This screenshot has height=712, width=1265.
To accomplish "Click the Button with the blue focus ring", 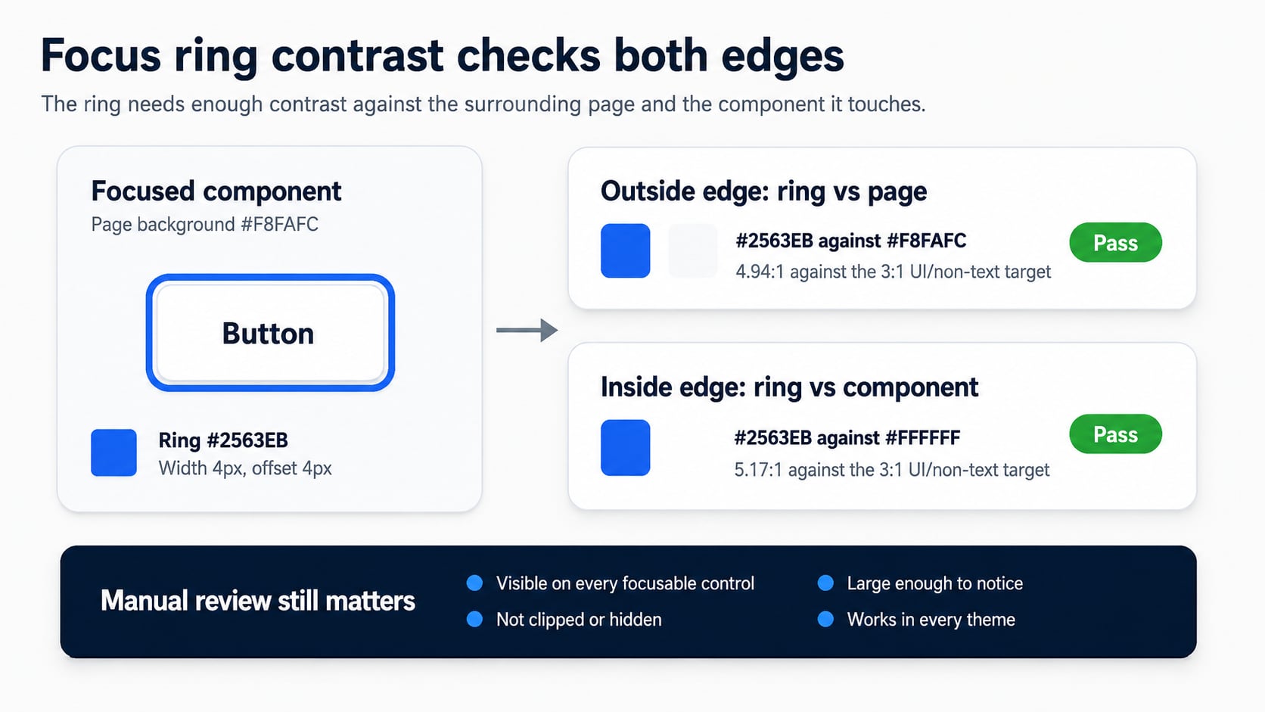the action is (270, 333).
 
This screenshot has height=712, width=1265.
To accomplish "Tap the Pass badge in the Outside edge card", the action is (1115, 242).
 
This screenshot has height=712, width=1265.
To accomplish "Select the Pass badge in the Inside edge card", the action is (1115, 434).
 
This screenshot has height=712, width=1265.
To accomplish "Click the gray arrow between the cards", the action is (527, 331).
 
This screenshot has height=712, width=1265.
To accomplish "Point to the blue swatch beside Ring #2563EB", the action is (113, 452).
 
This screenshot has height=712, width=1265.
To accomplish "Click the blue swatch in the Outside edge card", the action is (625, 250).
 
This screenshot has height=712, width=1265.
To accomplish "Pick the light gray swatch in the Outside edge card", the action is (693, 250).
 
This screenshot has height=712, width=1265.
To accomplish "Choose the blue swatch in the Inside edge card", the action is (625, 447).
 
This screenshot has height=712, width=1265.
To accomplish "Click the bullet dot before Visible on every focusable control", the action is (475, 583).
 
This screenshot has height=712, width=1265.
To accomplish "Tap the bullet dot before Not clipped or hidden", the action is (475, 620).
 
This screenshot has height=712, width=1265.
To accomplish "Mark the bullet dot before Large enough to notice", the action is (825, 583).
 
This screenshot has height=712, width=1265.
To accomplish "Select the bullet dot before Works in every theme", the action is (825, 620).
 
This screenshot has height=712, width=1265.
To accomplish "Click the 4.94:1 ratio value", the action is (760, 272).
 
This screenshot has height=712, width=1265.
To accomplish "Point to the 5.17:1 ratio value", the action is (758, 470).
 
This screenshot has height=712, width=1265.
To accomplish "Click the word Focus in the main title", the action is (101, 55).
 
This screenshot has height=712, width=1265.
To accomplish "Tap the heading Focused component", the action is (216, 191).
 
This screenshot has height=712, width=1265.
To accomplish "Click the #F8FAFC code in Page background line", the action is (279, 224).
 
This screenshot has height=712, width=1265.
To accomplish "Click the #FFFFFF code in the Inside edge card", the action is (923, 437).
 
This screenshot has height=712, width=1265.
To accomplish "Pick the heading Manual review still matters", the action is (257, 601).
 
